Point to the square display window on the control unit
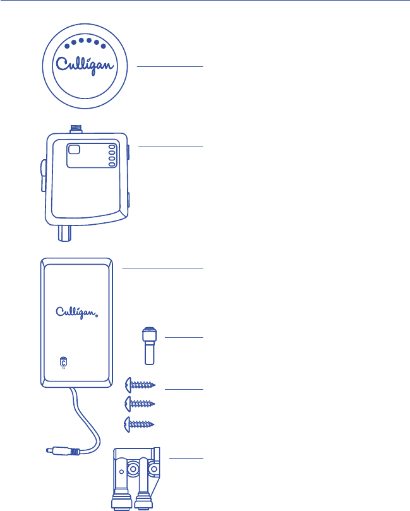(x=75, y=150)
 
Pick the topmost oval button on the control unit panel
(x=112, y=145)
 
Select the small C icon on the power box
(x=63, y=362)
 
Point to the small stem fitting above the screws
(x=149, y=346)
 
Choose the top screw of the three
(x=141, y=383)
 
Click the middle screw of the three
(x=141, y=402)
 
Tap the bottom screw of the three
(x=141, y=423)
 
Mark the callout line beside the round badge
(x=171, y=66)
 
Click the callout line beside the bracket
(x=188, y=457)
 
